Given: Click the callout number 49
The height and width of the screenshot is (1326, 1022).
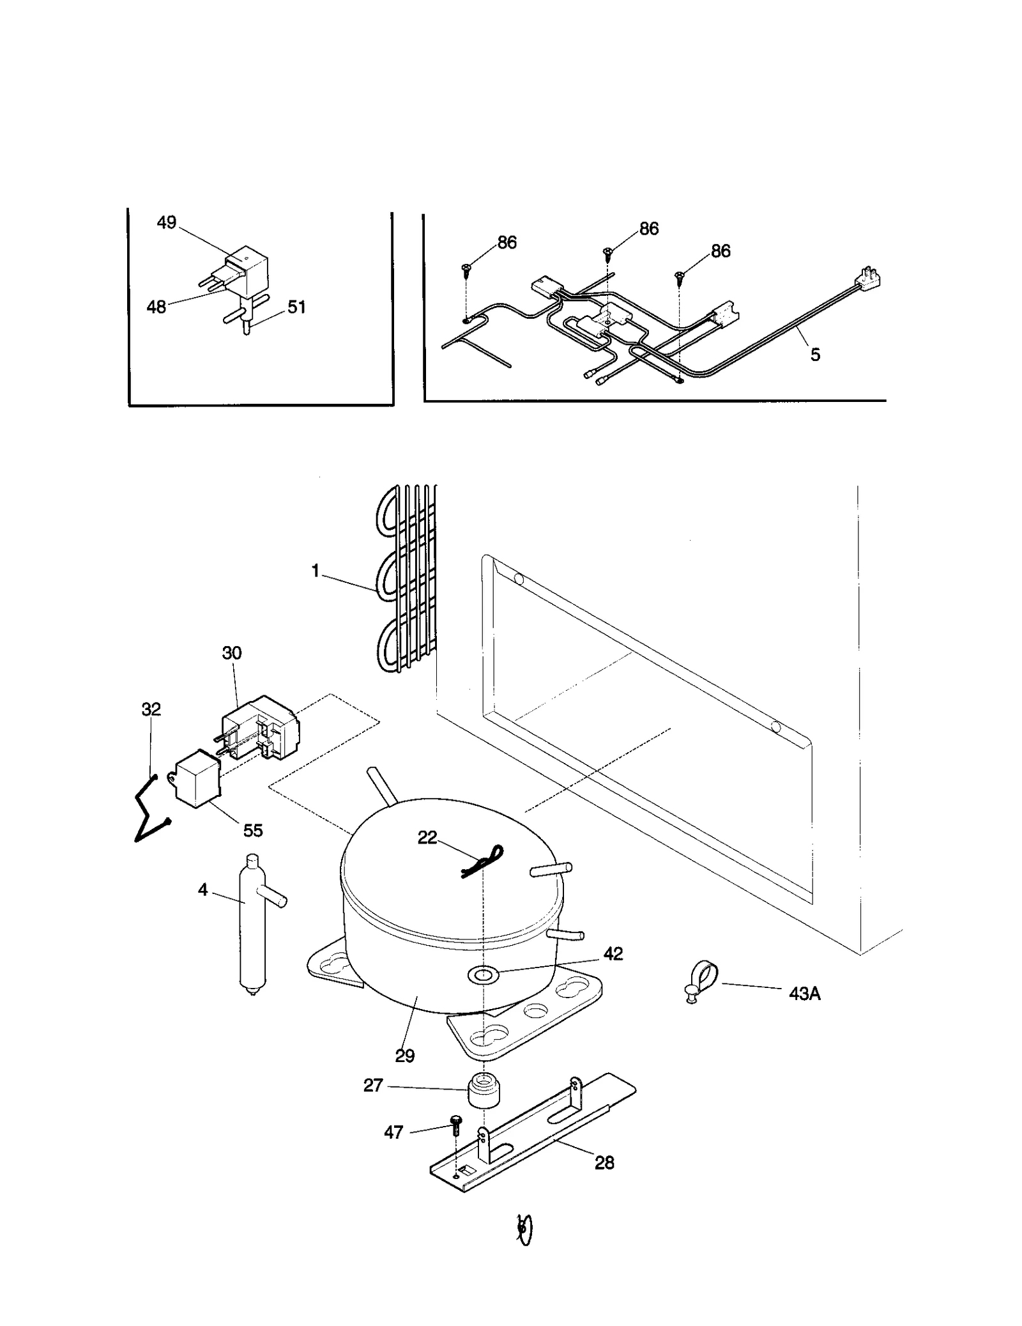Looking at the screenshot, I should click(166, 222).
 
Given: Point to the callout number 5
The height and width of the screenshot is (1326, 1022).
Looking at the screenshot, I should click(815, 355).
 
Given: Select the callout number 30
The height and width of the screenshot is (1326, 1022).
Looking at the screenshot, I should click(231, 652).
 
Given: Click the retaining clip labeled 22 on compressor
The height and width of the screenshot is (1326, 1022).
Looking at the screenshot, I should click(484, 860).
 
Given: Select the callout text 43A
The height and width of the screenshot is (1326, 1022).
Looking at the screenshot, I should click(804, 993).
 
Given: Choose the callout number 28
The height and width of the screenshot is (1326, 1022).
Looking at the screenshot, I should click(604, 1162).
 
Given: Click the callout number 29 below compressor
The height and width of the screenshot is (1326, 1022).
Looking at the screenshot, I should click(404, 1055).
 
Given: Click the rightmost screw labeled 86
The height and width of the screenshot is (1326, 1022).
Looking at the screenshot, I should click(680, 276).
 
